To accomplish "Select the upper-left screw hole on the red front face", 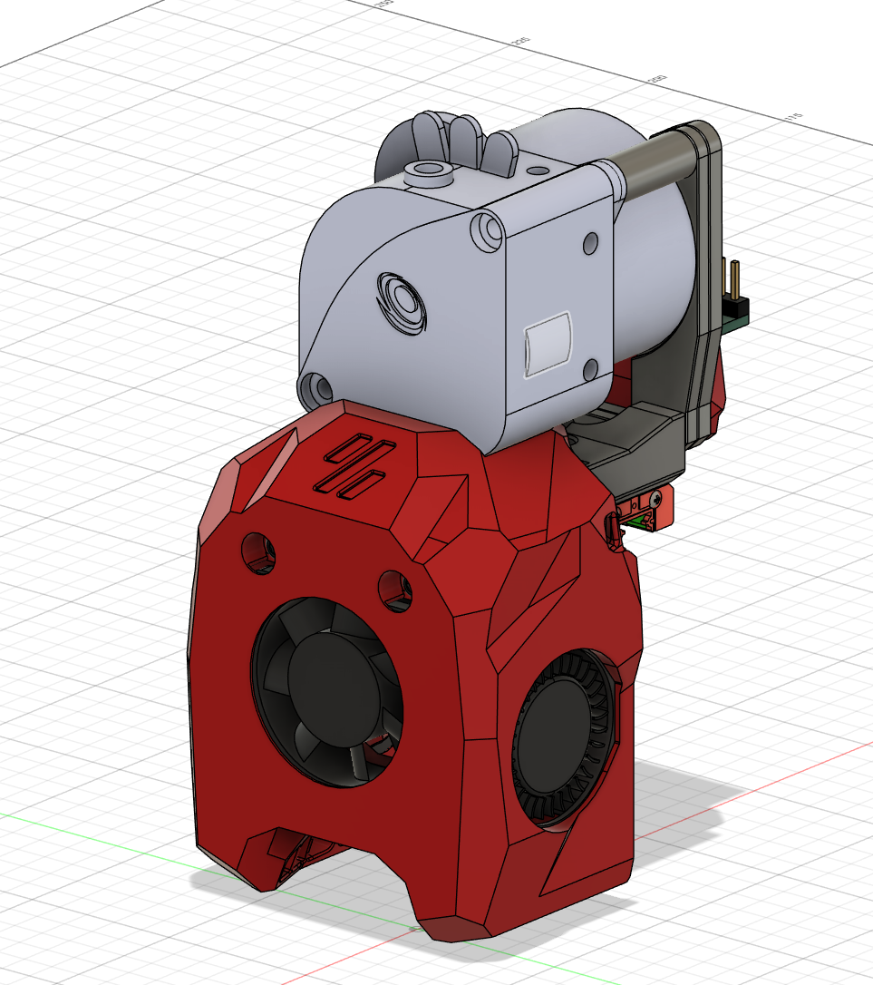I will point(258,551).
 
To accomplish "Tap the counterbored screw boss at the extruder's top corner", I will point(488,230).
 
